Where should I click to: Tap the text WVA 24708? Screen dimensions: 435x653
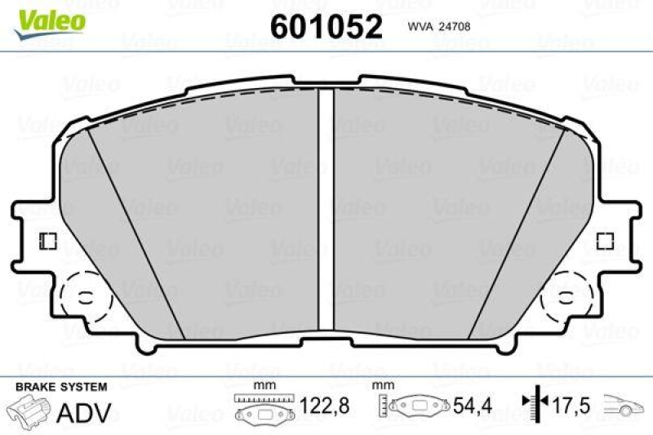438,26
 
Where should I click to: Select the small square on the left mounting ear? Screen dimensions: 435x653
47,242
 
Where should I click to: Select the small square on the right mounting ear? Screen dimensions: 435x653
605,242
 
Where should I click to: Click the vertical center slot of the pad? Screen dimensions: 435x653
326,204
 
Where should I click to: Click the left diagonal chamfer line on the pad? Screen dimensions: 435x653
135,224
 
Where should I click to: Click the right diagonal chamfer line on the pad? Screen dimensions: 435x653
518,224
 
